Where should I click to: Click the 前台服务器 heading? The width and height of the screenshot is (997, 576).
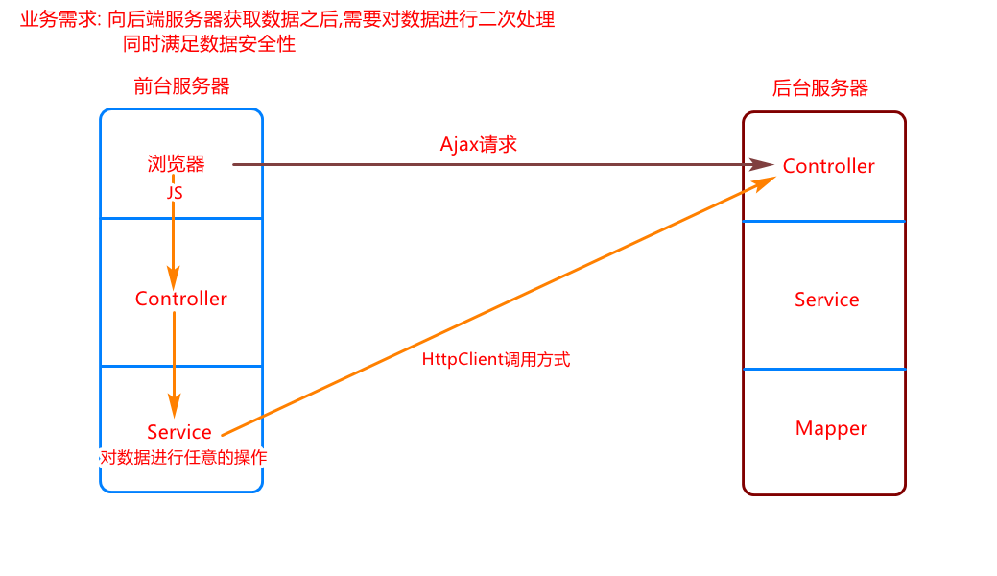pos(181,86)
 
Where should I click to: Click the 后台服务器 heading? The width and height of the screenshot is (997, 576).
pos(820,88)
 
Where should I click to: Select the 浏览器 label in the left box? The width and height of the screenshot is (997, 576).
pos(177,163)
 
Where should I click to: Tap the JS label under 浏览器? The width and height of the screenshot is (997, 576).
pos(175,192)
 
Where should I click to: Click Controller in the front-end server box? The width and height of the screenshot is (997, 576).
pos(181,299)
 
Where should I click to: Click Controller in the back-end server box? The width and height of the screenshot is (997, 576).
pos(829,166)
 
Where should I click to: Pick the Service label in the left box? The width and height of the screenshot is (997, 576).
pos(179,432)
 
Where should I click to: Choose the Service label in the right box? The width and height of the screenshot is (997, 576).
pos(827,300)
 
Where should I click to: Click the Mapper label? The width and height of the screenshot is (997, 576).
pos(831,428)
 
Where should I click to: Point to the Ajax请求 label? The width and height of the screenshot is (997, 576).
pos(479,144)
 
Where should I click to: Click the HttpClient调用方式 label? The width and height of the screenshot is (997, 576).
pos(496,360)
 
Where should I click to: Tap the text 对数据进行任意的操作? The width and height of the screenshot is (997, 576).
pos(182,458)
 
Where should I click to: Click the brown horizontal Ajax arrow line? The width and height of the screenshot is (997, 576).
pos(480,164)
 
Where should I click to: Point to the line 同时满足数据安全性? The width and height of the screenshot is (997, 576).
pos(209,43)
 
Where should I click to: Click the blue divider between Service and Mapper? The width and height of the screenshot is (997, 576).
pos(824,369)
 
